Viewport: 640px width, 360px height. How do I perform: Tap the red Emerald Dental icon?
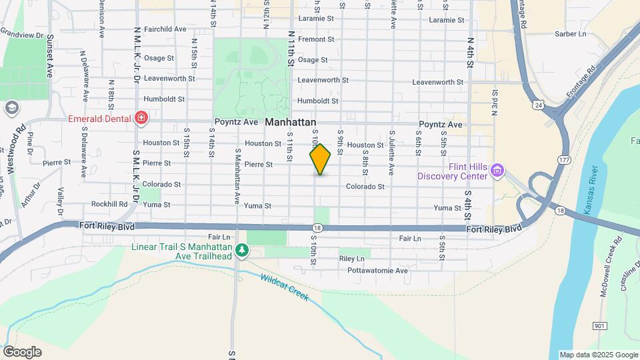[141, 119]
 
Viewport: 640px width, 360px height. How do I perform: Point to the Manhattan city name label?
[291, 123]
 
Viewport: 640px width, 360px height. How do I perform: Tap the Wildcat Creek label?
[285, 287]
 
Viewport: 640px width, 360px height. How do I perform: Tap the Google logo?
[22, 351]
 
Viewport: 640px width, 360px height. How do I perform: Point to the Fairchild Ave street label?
[165, 29]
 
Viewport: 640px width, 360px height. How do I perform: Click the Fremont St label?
[316, 39]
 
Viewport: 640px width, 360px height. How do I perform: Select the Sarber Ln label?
[571, 33]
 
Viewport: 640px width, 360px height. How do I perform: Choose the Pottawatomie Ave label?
[377, 271]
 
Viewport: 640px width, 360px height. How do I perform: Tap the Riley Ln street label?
[352, 258]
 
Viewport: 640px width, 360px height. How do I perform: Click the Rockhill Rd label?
[109, 204]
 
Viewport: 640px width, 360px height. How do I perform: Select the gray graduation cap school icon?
[11, 108]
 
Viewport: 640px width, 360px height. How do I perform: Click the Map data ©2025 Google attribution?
[598, 355]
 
